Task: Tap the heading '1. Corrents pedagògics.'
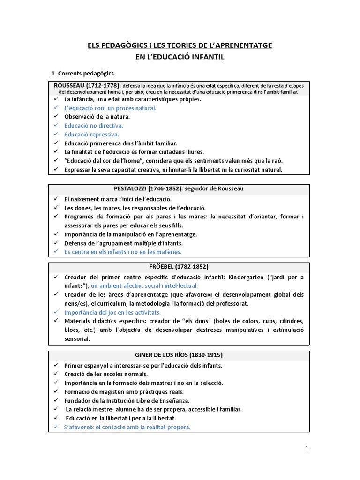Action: coord(83,74)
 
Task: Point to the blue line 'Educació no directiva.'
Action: coord(94,126)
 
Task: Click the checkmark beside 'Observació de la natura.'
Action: coord(55,117)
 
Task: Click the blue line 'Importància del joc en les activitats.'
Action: coord(112,312)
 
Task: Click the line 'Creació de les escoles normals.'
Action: coord(106,374)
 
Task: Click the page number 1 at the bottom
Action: coord(307,448)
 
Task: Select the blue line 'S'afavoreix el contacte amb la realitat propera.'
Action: coord(127,427)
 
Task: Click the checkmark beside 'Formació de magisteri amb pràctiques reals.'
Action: coord(55,392)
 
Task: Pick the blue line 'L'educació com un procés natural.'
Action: coord(110,108)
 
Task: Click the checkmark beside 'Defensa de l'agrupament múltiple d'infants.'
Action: coord(55,243)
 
